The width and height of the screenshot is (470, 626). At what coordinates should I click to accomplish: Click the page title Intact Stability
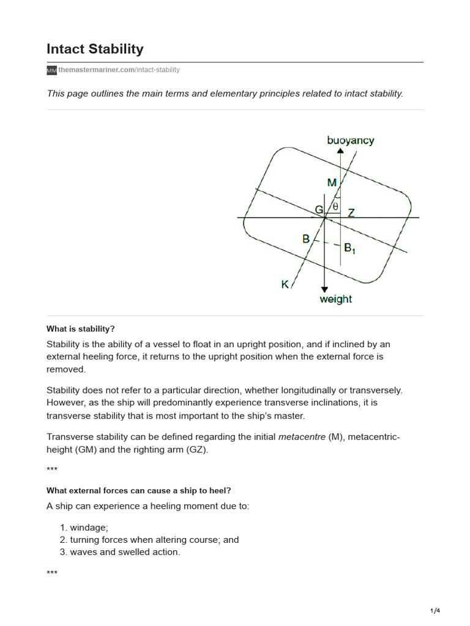coord(95,49)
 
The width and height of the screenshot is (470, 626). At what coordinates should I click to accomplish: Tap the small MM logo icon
coord(51,71)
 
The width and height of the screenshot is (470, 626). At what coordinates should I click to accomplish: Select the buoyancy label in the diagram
coord(350,141)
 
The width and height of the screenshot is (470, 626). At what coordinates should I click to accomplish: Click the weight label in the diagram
coord(336,299)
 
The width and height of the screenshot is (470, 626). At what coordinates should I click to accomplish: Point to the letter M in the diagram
coord(332,182)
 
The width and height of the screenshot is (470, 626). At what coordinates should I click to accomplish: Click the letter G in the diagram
coord(319,210)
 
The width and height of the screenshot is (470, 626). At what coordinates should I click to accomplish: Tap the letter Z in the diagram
coord(351,213)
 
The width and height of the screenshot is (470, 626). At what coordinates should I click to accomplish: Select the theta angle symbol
coord(335,207)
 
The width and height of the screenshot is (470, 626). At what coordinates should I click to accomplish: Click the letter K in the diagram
coord(285,284)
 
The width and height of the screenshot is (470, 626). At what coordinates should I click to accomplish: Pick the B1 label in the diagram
coord(349,248)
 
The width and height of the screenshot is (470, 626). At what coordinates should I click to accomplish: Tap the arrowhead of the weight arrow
coord(324,289)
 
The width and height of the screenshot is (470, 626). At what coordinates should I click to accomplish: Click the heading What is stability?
coord(81,329)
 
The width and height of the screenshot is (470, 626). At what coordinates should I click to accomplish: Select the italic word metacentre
coord(302,437)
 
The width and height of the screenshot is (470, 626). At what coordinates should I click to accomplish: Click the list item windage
coord(89,528)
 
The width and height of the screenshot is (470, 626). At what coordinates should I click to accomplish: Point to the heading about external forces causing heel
coord(139,490)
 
